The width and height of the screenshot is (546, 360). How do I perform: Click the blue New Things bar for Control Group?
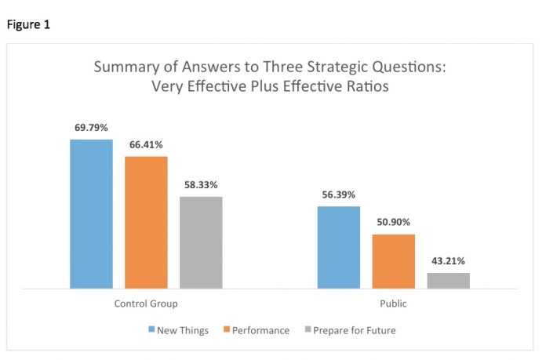[x=91, y=213]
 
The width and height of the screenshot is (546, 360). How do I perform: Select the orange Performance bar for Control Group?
[x=146, y=222]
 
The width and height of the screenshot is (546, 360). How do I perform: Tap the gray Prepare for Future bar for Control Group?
[x=201, y=242]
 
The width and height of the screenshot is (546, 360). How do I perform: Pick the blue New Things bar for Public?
[x=339, y=247]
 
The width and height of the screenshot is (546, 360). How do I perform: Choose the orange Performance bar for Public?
[x=394, y=261]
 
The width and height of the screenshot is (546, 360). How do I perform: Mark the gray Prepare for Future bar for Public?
[x=449, y=280]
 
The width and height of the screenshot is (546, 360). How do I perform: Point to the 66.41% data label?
[x=146, y=144]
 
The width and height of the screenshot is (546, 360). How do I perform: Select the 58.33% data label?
[x=201, y=184]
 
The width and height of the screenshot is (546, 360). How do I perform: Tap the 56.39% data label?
[x=339, y=194]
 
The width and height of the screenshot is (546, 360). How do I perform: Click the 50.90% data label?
[x=394, y=222]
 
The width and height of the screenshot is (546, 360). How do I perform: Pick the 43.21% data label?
[x=449, y=260]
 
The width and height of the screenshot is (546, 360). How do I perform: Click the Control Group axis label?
[x=146, y=304]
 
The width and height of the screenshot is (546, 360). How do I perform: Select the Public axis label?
[x=394, y=304]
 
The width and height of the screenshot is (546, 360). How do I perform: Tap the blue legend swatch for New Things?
[x=151, y=330]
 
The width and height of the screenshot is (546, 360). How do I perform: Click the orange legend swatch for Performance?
[x=228, y=330]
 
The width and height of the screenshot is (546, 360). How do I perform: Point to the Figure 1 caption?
[x=28, y=24]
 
